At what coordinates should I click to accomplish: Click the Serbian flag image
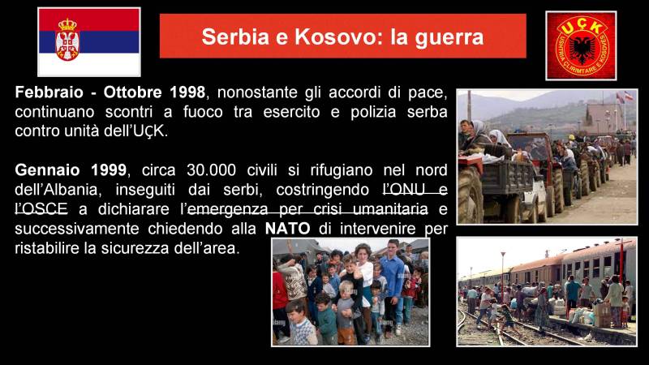pyautogui.click(x=89, y=42)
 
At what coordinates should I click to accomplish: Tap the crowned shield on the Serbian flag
pyautogui.click(x=67, y=40)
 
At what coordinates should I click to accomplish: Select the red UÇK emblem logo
pyautogui.click(x=581, y=45)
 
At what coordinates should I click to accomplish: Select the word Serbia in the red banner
pyautogui.click(x=235, y=36)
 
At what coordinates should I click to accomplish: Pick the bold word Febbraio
pyautogui.click(x=49, y=92)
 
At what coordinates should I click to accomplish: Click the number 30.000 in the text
pyautogui.click(x=211, y=170)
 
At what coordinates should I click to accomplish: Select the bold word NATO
pyautogui.click(x=288, y=229)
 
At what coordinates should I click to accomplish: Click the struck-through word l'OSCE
pyautogui.click(x=41, y=209)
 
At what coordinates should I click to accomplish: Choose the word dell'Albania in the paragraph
pyautogui.click(x=56, y=190)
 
